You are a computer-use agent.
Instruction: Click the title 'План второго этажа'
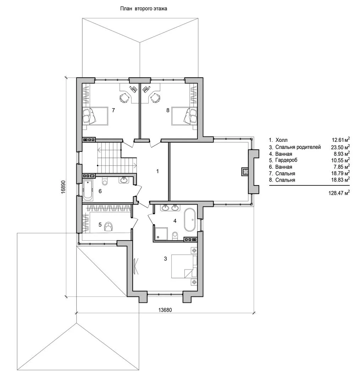pos(144,9)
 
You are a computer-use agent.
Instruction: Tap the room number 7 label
pos(113,110)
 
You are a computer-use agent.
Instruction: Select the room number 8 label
pos(168,110)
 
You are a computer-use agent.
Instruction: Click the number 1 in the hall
pos(157,171)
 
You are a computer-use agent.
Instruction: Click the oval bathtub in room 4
pos(189,220)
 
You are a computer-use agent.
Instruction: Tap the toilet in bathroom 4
pos(175,236)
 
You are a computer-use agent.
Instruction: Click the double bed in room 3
pos(184,266)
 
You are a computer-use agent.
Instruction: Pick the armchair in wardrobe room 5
pos(109,226)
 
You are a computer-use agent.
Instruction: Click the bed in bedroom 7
pos(95,116)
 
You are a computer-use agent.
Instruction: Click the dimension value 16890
pos(63,187)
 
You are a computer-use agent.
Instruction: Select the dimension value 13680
pos(165,310)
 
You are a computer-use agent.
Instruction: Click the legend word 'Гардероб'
pos(286,161)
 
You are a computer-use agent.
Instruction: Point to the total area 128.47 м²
pos(339,193)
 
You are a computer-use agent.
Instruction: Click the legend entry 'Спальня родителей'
pos(298,147)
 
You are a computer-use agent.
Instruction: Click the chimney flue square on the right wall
pos(245,172)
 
